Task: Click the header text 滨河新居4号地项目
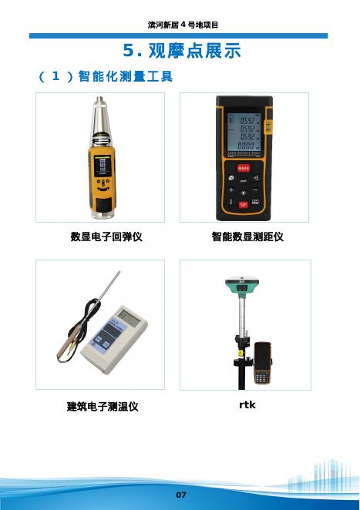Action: point(183,25)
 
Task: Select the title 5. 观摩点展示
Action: point(182,50)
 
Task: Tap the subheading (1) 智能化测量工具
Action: point(106,76)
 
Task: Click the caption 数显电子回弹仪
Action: point(106,237)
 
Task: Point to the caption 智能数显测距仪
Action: point(247,237)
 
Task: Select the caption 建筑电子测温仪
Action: point(103,406)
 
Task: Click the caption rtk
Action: point(247,404)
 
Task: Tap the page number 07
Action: point(181,495)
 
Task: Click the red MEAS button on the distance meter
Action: point(244,168)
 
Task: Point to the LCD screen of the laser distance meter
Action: point(244,133)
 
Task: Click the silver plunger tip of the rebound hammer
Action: point(100,100)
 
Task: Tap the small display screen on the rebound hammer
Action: point(103,166)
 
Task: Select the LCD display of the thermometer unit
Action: point(128,317)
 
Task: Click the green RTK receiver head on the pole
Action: point(242,287)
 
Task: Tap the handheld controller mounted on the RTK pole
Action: point(262,363)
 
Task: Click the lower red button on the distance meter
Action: point(244,205)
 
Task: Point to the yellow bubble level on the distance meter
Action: point(268,126)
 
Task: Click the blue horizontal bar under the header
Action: point(178,35)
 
